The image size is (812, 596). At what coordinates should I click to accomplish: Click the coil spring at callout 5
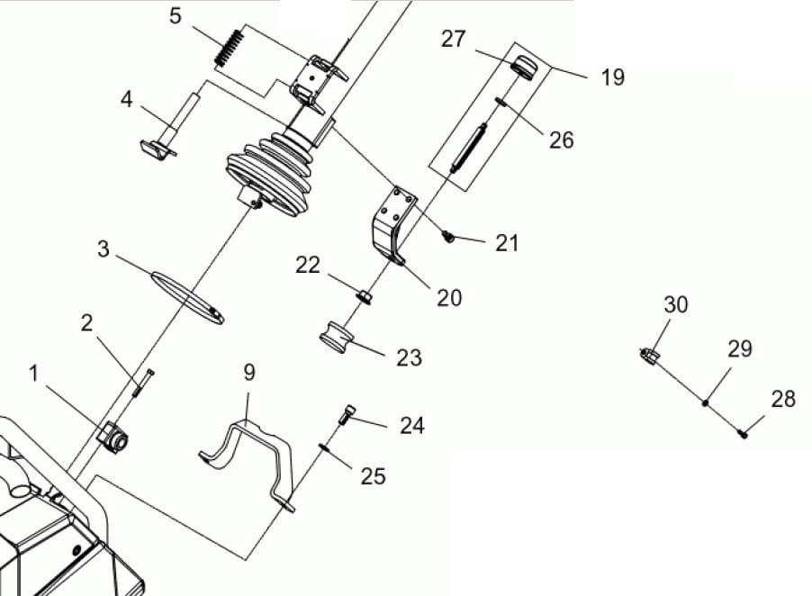[x=229, y=47]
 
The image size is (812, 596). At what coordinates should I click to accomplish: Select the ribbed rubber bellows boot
[x=269, y=172]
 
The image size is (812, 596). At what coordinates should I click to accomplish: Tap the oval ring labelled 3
[x=187, y=297]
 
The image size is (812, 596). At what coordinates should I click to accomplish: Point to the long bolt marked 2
[x=143, y=383]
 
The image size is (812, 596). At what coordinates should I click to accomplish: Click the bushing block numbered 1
[x=113, y=436]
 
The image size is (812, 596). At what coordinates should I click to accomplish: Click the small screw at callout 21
[x=448, y=237]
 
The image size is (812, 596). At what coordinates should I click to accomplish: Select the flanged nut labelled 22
[x=364, y=297]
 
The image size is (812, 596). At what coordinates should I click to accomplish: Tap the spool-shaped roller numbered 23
[x=337, y=337]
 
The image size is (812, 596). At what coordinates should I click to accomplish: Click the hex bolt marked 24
[x=347, y=414]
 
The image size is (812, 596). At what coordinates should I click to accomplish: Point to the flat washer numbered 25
[x=325, y=447]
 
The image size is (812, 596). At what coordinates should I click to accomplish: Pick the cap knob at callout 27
[x=525, y=68]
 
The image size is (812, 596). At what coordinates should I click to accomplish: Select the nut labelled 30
[x=649, y=356]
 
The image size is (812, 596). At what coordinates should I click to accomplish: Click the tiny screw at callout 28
[x=744, y=433]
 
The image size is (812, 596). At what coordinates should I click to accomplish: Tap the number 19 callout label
[x=613, y=77]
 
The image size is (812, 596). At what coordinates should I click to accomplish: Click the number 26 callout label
[x=562, y=140]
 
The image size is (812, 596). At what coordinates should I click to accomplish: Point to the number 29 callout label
[x=740, y=349]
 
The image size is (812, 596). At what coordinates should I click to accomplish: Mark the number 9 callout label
[x=249, y=373]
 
